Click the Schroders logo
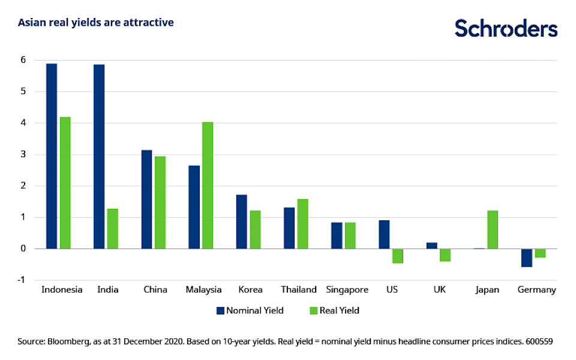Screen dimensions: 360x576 (506, 28)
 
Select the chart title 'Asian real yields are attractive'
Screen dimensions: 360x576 (96, 23)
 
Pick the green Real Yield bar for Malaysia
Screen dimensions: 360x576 (208, 185)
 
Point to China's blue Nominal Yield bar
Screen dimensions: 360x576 (146, 199)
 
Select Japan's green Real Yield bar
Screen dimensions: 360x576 (493, 230)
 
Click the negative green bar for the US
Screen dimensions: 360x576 (398, 256)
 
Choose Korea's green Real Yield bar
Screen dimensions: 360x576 (256, 230)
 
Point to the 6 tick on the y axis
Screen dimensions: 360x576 (23, 60)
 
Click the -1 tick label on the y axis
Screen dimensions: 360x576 (22, 280)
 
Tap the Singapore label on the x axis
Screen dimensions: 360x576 (347, 290)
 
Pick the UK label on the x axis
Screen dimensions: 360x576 (439, 290)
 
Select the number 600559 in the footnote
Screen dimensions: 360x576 (537, 341)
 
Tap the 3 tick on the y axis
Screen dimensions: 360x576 (23, 154)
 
